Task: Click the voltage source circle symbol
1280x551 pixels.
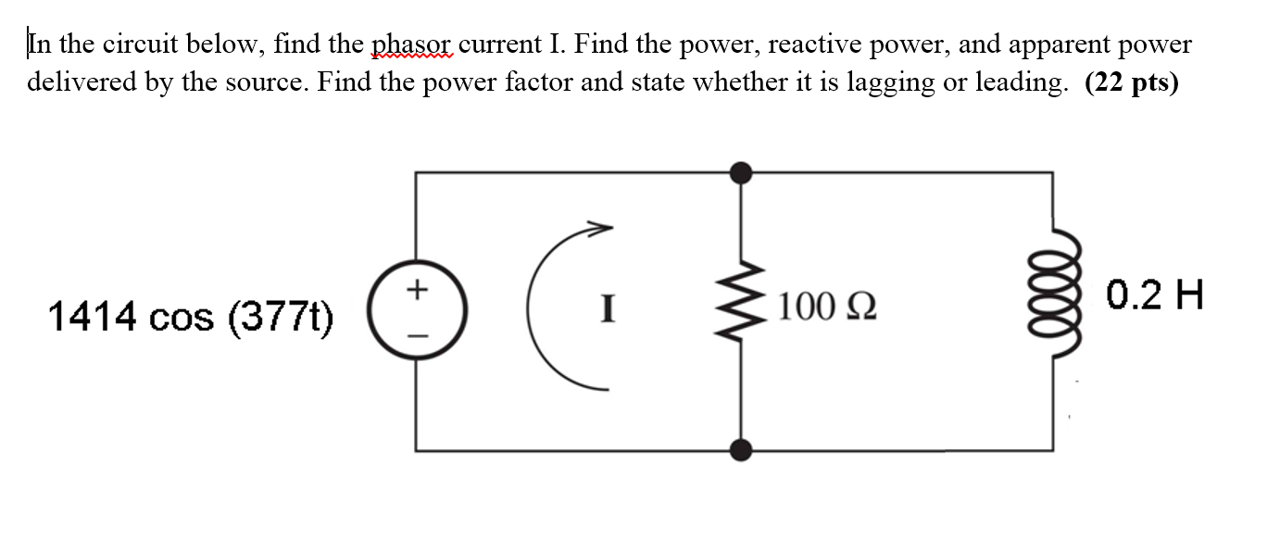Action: tap(416, 313)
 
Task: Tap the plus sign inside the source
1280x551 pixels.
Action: tap(416, 290)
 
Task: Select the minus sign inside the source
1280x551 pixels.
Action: tap(416, 336)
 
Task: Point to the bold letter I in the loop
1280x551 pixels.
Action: tap(608, 307)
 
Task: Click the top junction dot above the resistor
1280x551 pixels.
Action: tap(740, 172)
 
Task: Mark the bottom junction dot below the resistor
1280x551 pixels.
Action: tap(740, 451)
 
